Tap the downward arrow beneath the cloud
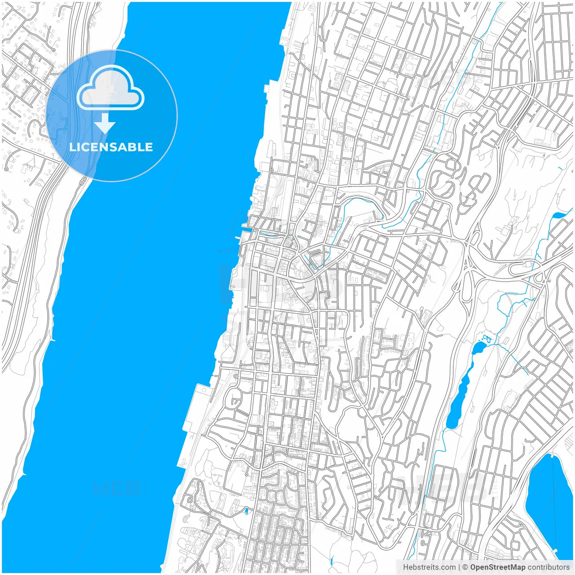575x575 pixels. [x=105, y=124]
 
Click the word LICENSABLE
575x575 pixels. [x=111, y=147]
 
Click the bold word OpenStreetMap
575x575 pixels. [x=498, y=567]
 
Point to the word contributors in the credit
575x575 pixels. [x=548, y=567]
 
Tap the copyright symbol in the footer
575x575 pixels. [x=465, y=567]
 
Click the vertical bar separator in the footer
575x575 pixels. [x=459, y=567]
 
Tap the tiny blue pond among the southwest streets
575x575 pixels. [x=246, y=511]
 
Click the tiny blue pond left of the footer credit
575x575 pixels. [x=331, y=561]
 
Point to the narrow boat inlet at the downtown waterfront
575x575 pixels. [x=245, y=232]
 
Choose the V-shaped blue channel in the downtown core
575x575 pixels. [x=310, y=260]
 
